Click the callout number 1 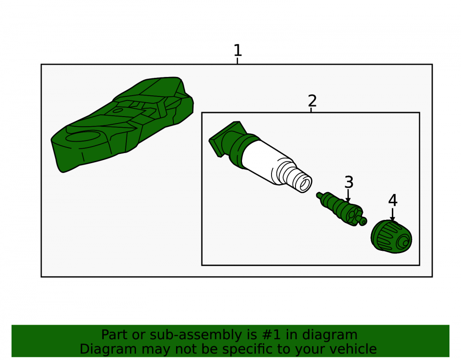[x=237, y=50]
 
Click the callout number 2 [x=312, y=101]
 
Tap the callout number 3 [x=349, y=182]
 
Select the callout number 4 [x=393, y=200]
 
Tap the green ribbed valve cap [x=391, y=237]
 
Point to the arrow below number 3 [x=348, y=196]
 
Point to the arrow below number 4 [x=392, y=214]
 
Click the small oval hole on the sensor [x=118, y=111]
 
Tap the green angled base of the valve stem [x=228, y=138]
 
